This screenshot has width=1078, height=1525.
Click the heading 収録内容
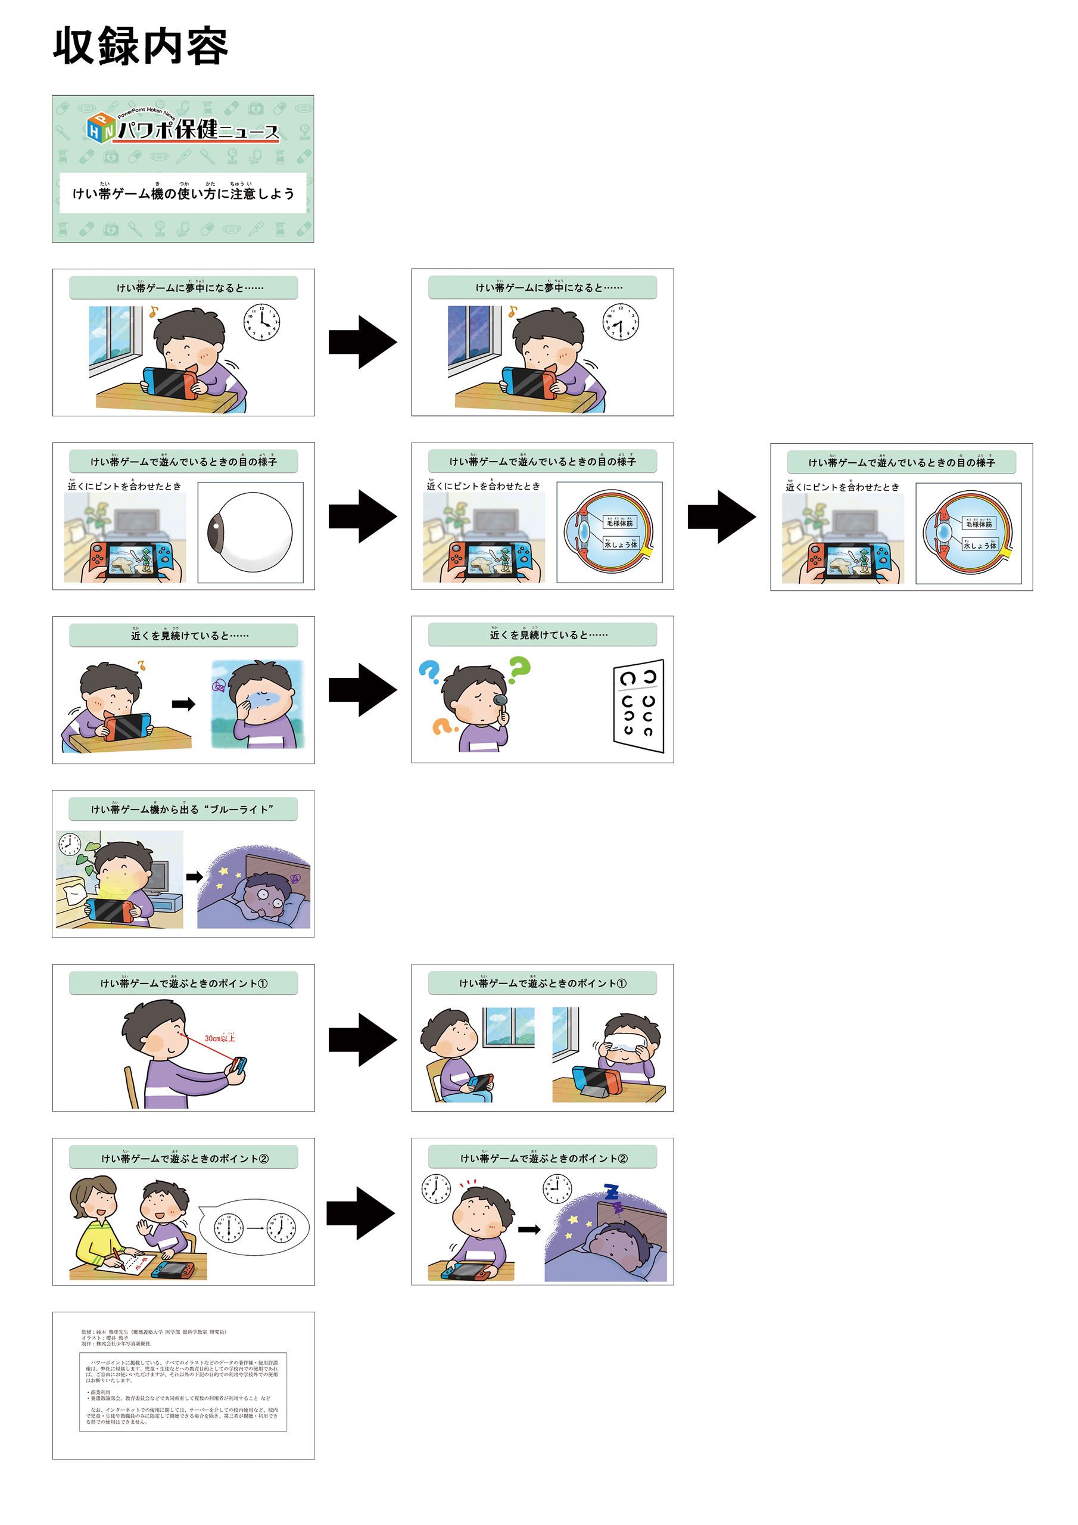pyautogui.click(x=140, y=46)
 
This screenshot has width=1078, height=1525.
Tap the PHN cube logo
pyautogui.click(x=102, y=126)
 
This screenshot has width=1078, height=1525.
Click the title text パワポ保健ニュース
pyautogui.click(x=198, y=129)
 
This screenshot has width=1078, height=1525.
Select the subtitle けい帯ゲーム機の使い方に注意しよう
pyautogui.click(x=183, y=193)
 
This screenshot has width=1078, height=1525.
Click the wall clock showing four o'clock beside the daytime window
pyautogui.click(x=261, y=323)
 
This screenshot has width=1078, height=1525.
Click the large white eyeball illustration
pyautogui.click(x=250, y=532)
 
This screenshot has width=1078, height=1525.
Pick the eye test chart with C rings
pyautogui.click(x=638, y=705)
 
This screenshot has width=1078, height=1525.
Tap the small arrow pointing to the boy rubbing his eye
pyautogui.click(x=183, y=704)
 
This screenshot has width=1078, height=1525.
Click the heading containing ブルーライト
pyautogui.click(x=183, y=809)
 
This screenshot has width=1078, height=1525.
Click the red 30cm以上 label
pyautogui.click(x=219, y=1038)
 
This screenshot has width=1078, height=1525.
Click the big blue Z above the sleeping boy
pyautogui.click(x=612, y=1191)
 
